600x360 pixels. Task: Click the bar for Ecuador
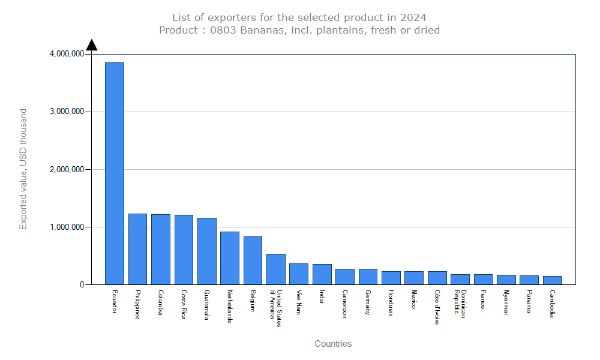tap(115, 173)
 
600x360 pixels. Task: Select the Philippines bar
tap(137, 249)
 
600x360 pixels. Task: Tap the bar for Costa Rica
tap(184, 250)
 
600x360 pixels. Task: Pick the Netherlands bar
tap(230, 258)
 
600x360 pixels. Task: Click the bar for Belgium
tap(253, 260)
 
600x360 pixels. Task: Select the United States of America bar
tap(276, 269)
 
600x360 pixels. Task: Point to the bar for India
tap(322, 274)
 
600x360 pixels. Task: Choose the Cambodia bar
tap(552, 280)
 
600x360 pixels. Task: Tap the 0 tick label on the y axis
tap(82, 285)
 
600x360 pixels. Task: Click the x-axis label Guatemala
tap(207, 305)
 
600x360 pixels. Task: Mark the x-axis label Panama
tap(529, 301)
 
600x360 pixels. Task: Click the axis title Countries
tap(333, 344)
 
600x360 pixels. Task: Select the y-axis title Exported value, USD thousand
tap(23, 169)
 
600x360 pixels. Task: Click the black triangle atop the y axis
tap(92, 45)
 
